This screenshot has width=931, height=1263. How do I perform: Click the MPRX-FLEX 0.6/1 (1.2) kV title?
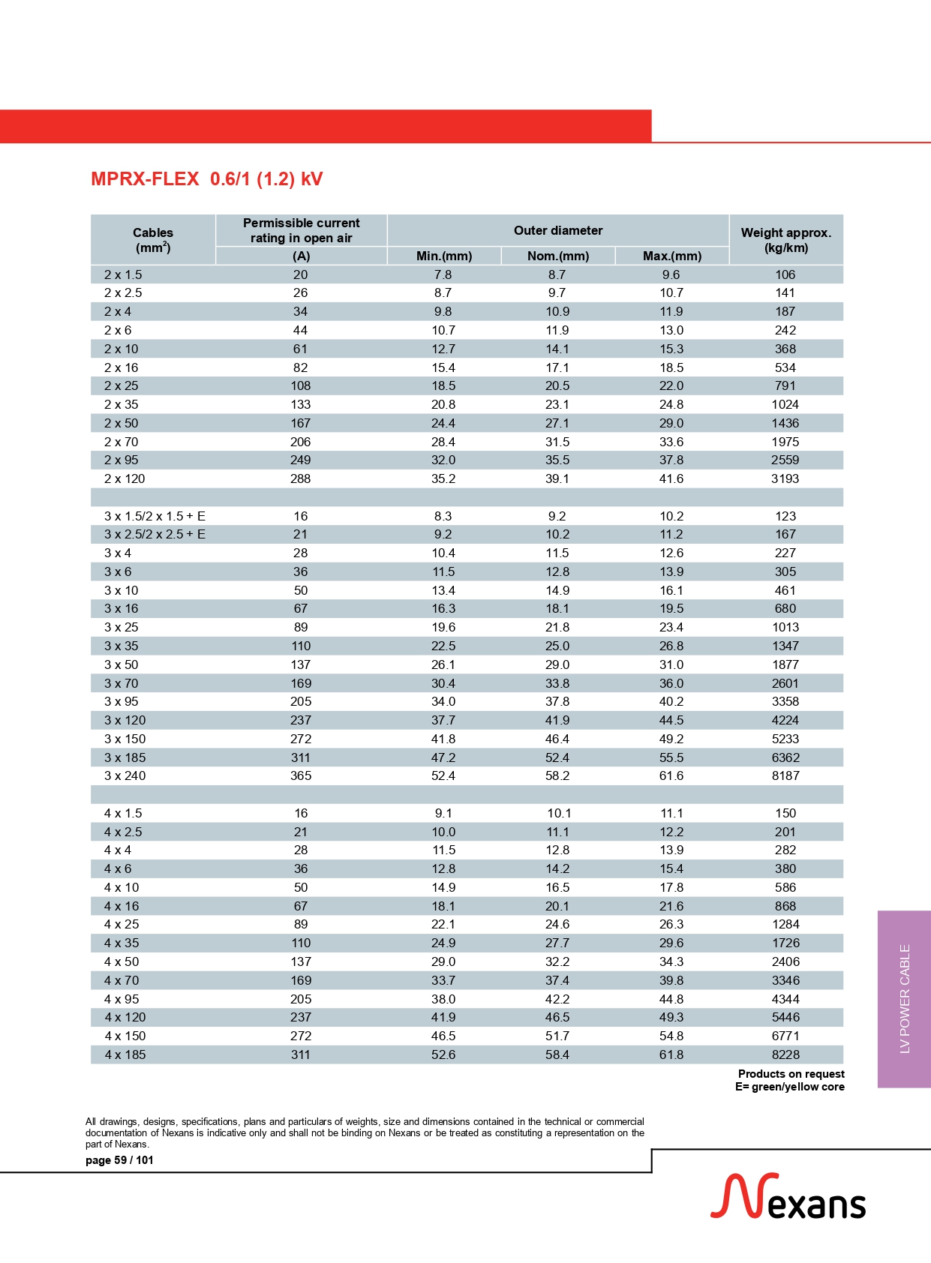pos(206,179)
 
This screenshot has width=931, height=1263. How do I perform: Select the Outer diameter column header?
pos(558,230)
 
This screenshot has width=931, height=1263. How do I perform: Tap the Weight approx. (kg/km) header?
pos(785,240)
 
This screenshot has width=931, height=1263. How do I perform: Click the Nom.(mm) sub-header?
pos(558,256)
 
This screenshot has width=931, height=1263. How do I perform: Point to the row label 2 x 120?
pos(125,478)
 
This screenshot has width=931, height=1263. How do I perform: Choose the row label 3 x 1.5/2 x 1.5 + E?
pos(155,516)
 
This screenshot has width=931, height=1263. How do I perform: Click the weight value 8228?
pos(785,1054)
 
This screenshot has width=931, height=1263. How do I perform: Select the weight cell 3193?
pos(785,478)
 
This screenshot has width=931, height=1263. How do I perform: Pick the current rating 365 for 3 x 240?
pos(301,775)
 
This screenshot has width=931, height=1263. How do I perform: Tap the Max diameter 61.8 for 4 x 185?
pos(671,1054)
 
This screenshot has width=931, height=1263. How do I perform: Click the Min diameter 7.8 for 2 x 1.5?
pos(443,274)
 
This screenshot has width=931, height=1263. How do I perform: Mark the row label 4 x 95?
pos(122,999)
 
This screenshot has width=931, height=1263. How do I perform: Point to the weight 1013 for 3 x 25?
pos(785,627)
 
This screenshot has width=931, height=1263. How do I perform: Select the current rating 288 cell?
pos(301,478)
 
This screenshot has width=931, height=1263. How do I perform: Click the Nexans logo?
pos(788,1197)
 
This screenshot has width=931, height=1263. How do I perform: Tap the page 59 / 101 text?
pos(119,1160)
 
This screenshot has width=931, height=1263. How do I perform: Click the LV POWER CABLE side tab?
pos(905,998)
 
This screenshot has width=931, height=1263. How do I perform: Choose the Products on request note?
pos(791,1074)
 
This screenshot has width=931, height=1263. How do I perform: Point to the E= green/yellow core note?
pos(789,1087)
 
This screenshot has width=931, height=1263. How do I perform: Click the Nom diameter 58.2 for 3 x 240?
pos(557,775)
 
